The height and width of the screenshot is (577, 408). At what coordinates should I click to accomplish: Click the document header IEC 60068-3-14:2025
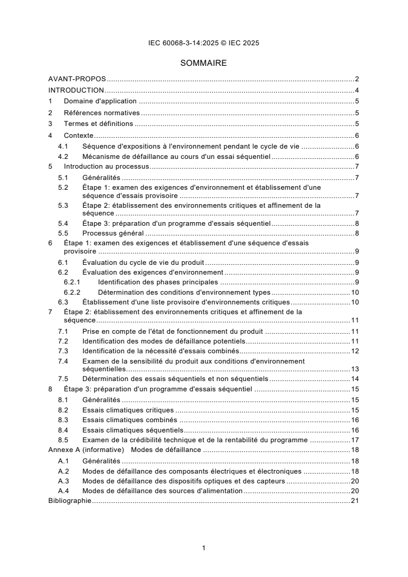[204, 43]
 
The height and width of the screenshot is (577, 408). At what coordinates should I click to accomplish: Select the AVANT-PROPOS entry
[77, 79]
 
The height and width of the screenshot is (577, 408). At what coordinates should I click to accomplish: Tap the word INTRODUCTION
[76, 90]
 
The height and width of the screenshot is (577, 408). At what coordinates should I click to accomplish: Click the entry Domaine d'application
[100, 101]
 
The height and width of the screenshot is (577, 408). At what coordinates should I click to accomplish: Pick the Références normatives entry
[102, 112]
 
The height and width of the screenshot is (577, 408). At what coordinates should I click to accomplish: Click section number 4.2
[63, 156]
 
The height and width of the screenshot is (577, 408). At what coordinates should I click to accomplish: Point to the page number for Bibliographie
[354, 500]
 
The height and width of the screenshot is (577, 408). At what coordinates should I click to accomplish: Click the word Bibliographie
[69, 500]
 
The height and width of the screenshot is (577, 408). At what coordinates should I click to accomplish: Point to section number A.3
[63, 481]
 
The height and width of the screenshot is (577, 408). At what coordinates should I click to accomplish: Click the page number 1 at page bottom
[204, 548]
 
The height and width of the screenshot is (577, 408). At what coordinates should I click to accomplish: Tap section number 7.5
[63, 378]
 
